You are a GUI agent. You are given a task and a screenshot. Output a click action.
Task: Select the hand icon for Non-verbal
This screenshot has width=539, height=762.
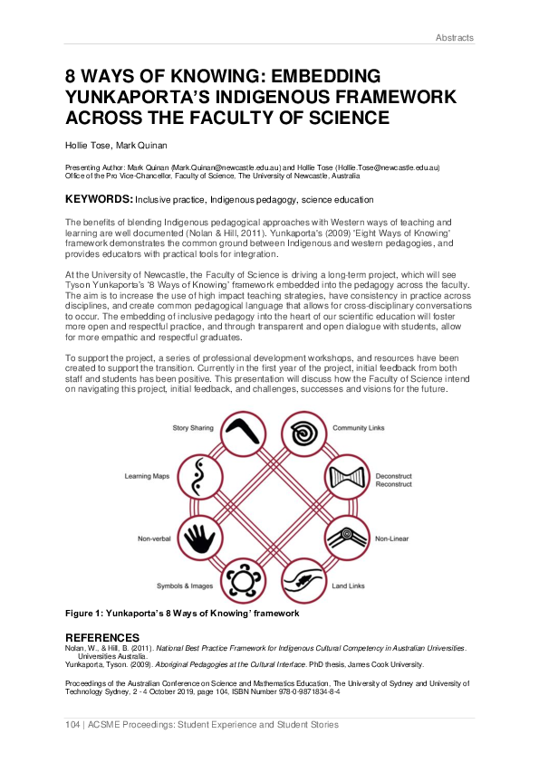point(199,540)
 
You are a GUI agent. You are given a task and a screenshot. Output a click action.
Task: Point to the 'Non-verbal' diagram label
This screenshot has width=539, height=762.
point(155,539)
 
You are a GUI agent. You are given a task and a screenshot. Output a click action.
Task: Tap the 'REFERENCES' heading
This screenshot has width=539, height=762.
point(102,637)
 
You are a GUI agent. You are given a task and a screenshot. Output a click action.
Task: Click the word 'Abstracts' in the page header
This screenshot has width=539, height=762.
point(454,38)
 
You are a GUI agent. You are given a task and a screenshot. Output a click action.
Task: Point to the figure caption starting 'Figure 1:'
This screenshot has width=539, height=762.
point(181,614)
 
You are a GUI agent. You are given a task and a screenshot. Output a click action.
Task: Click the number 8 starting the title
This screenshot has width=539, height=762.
point(72,77)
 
